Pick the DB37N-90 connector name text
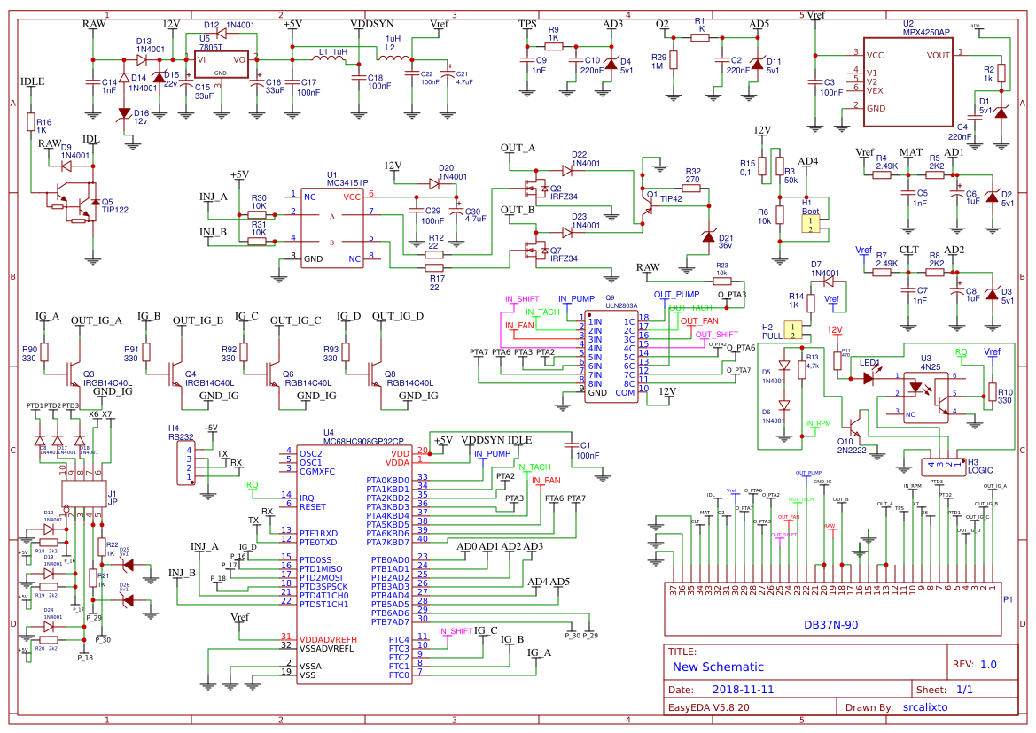pos(830,625)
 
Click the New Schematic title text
pos(717,667)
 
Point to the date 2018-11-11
pos(744,688)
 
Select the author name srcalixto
pos(925,707)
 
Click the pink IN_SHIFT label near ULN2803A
pos(522,299)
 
